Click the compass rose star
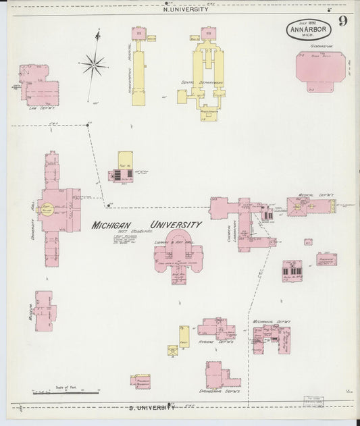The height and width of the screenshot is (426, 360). pyautogui.click(x=94, y=65)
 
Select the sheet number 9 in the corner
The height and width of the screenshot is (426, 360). pyautogui.click(x=342, y=21)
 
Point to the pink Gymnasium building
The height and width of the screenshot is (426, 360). pyautogui.click(x=319, y=69)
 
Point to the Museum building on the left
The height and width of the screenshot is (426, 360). pyautogui.click(x=44, y=311)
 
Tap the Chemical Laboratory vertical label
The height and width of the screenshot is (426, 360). pyautogui.click(x=230, y=239)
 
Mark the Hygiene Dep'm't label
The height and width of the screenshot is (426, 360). pyautogui.click(x=215, y=342)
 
